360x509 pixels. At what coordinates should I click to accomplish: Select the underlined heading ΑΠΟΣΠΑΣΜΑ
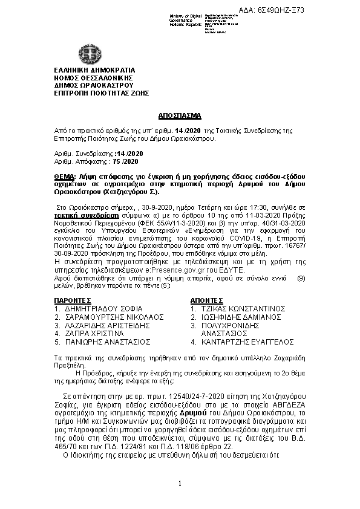180,114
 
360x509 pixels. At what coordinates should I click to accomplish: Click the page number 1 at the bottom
180,483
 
